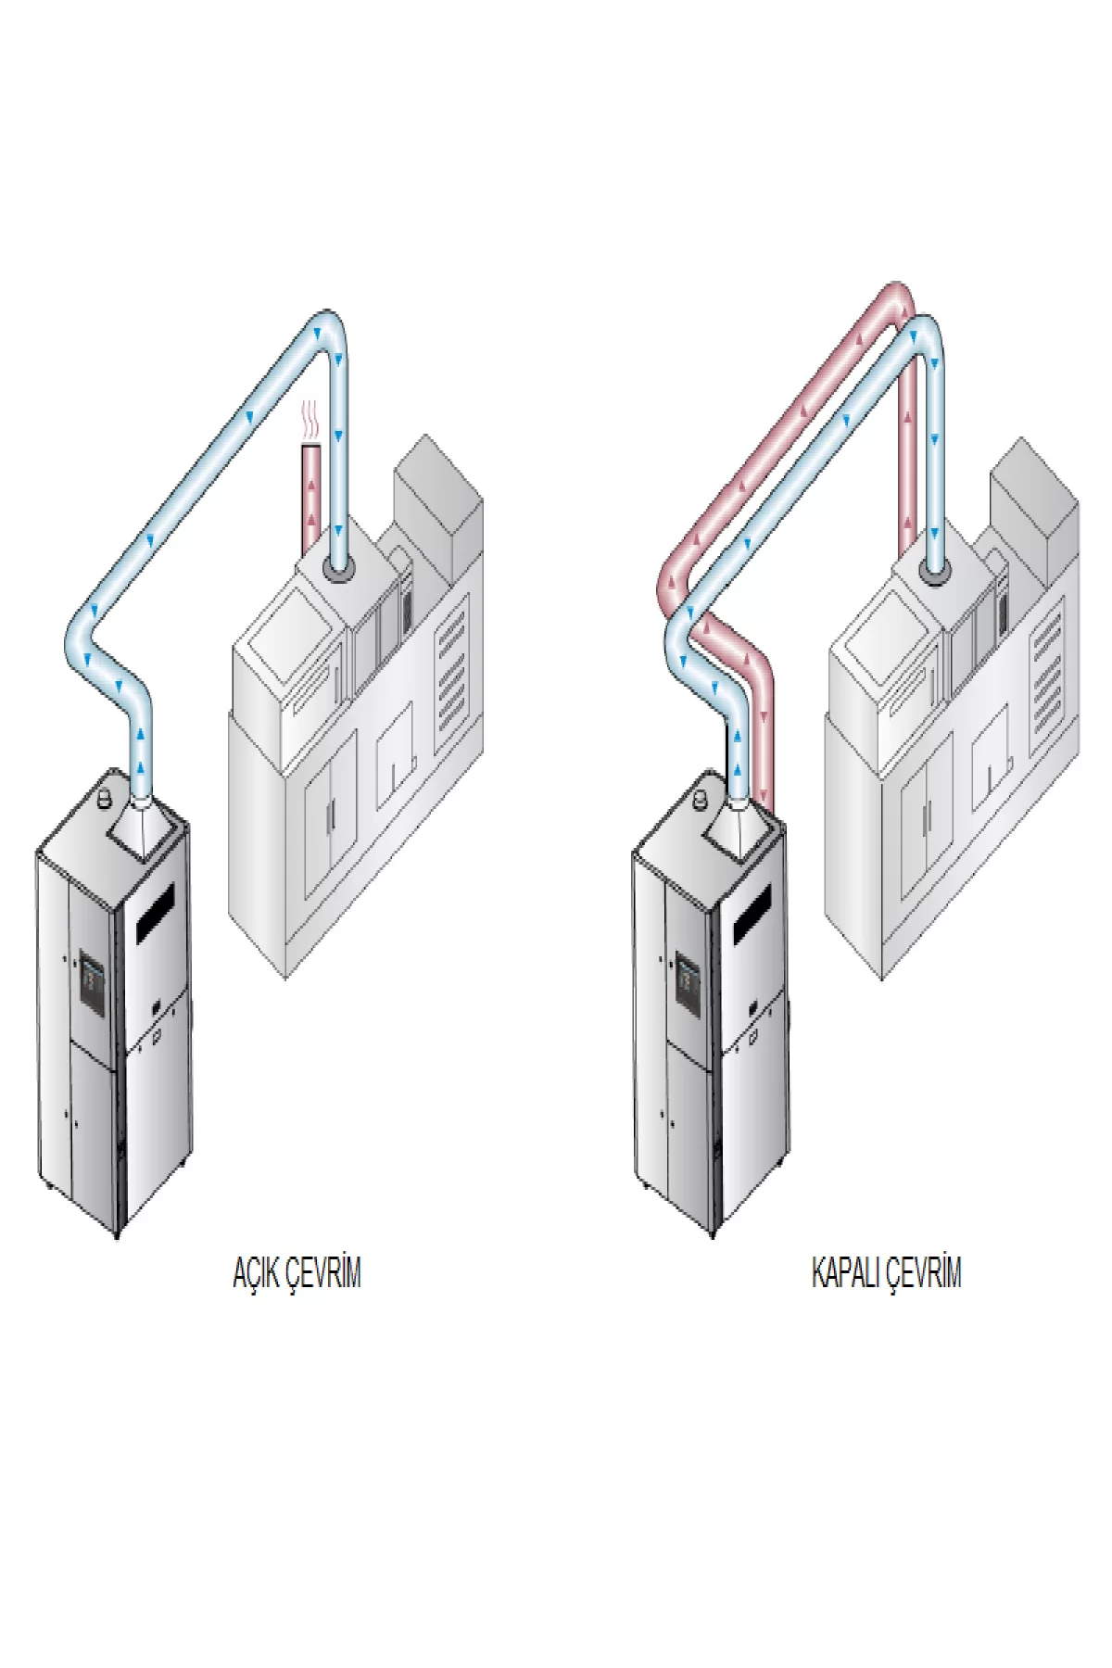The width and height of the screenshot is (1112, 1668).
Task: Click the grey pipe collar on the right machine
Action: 936,573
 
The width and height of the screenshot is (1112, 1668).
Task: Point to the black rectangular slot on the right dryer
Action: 752,913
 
